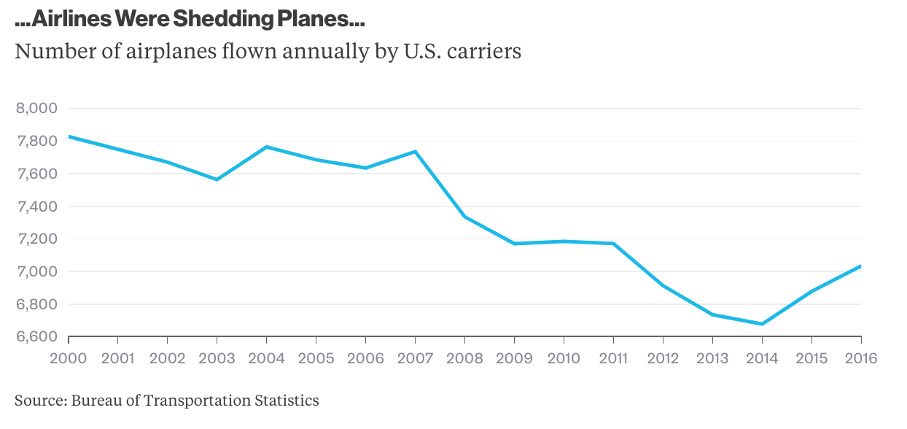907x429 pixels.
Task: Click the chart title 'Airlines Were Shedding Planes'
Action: (190, 20)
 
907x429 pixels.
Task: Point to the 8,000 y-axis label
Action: (36, 109)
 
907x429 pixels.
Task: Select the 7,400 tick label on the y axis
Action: (36, 206)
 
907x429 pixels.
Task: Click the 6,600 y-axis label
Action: (36, 337)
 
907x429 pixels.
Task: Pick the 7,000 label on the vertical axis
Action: (36, 271)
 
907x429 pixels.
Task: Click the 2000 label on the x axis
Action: (69, 358)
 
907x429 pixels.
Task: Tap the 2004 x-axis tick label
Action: (266, 358)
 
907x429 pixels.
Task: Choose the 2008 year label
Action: (464, 358)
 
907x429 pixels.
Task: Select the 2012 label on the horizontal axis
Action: (663, 358)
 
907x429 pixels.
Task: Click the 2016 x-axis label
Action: (860, 358)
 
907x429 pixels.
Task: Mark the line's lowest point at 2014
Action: (762, 324)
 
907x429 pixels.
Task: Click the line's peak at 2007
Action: (415, 152)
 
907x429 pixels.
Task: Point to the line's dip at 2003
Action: (217, 179)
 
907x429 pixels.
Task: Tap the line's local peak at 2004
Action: (266, 147)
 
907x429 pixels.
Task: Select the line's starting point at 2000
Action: (69, 136)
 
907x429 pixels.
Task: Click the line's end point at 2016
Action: (861, 266)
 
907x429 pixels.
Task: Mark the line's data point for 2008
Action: (464, 217)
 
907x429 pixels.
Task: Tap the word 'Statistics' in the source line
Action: (287, 400)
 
